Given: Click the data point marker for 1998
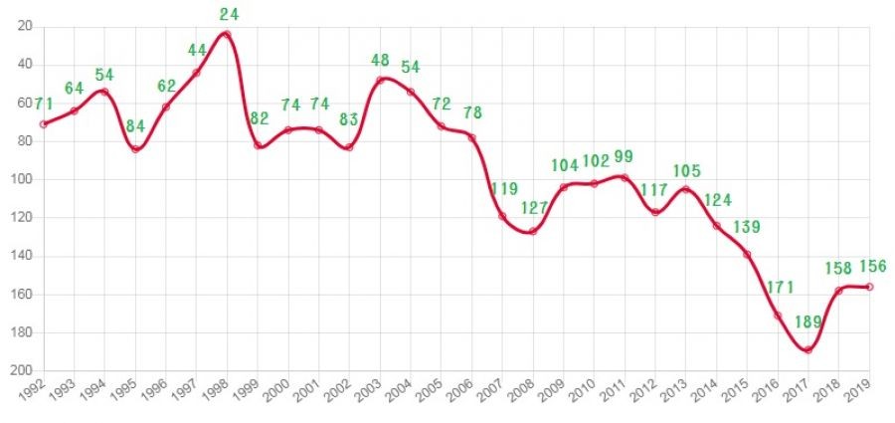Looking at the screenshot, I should pyautogui.click(x=227, y=34).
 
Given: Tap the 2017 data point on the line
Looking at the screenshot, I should pyautogui.click(x=808, y=349).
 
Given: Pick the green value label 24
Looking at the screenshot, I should pyautogui.click(x=228, y=14).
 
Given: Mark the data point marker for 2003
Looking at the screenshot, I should pyautogui.click(x=380, y=80).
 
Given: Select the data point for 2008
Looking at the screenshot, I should pyautogui.click(x=533, y=231).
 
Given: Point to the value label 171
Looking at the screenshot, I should pyautogui.click(x=780, y=289).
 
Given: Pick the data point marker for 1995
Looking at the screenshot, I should pyautogui.click(x=135, y=149).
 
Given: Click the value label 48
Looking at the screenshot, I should pyautogui.click(x=382, y=58).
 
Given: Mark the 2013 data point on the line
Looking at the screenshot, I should pyautogui.click(x=686, y=189).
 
